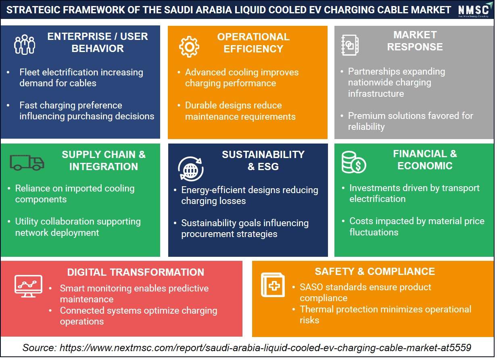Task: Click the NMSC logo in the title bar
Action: point(474,10)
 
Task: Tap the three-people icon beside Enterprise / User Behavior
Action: point(25,44)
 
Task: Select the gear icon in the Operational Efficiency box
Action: point(189,47)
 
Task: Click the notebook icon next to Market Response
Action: point(350,45)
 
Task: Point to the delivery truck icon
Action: point(27,162)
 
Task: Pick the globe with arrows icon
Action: point(190,169)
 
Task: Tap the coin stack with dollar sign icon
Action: point(354,162)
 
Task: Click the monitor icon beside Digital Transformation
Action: point(28,286)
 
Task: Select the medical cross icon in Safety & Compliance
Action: point(273,285)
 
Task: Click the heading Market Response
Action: point(415,41)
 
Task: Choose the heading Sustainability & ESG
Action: point(263,160)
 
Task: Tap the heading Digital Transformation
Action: point(136,272)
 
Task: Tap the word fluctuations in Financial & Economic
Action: point(374,232)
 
